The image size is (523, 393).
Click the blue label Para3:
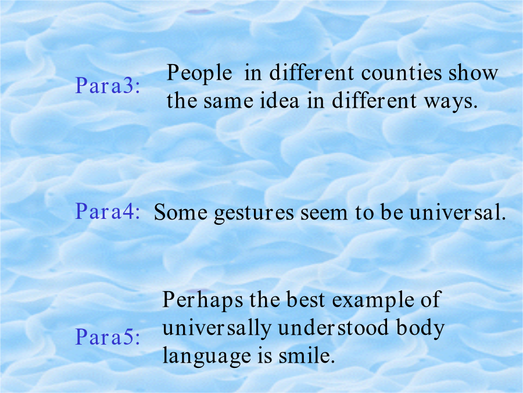(108, 86)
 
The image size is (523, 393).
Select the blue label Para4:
(108, 211)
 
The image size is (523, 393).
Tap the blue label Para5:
(108, 337)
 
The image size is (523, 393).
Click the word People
(199, 73)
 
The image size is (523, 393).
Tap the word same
(228, 101)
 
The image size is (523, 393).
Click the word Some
(181, 212)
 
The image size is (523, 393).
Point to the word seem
(324, 213)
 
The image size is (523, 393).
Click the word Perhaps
(203, 300)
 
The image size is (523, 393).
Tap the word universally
(217, 328)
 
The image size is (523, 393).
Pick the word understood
(333, 327)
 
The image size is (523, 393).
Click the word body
(420, 328)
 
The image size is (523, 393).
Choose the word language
(206, 356)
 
